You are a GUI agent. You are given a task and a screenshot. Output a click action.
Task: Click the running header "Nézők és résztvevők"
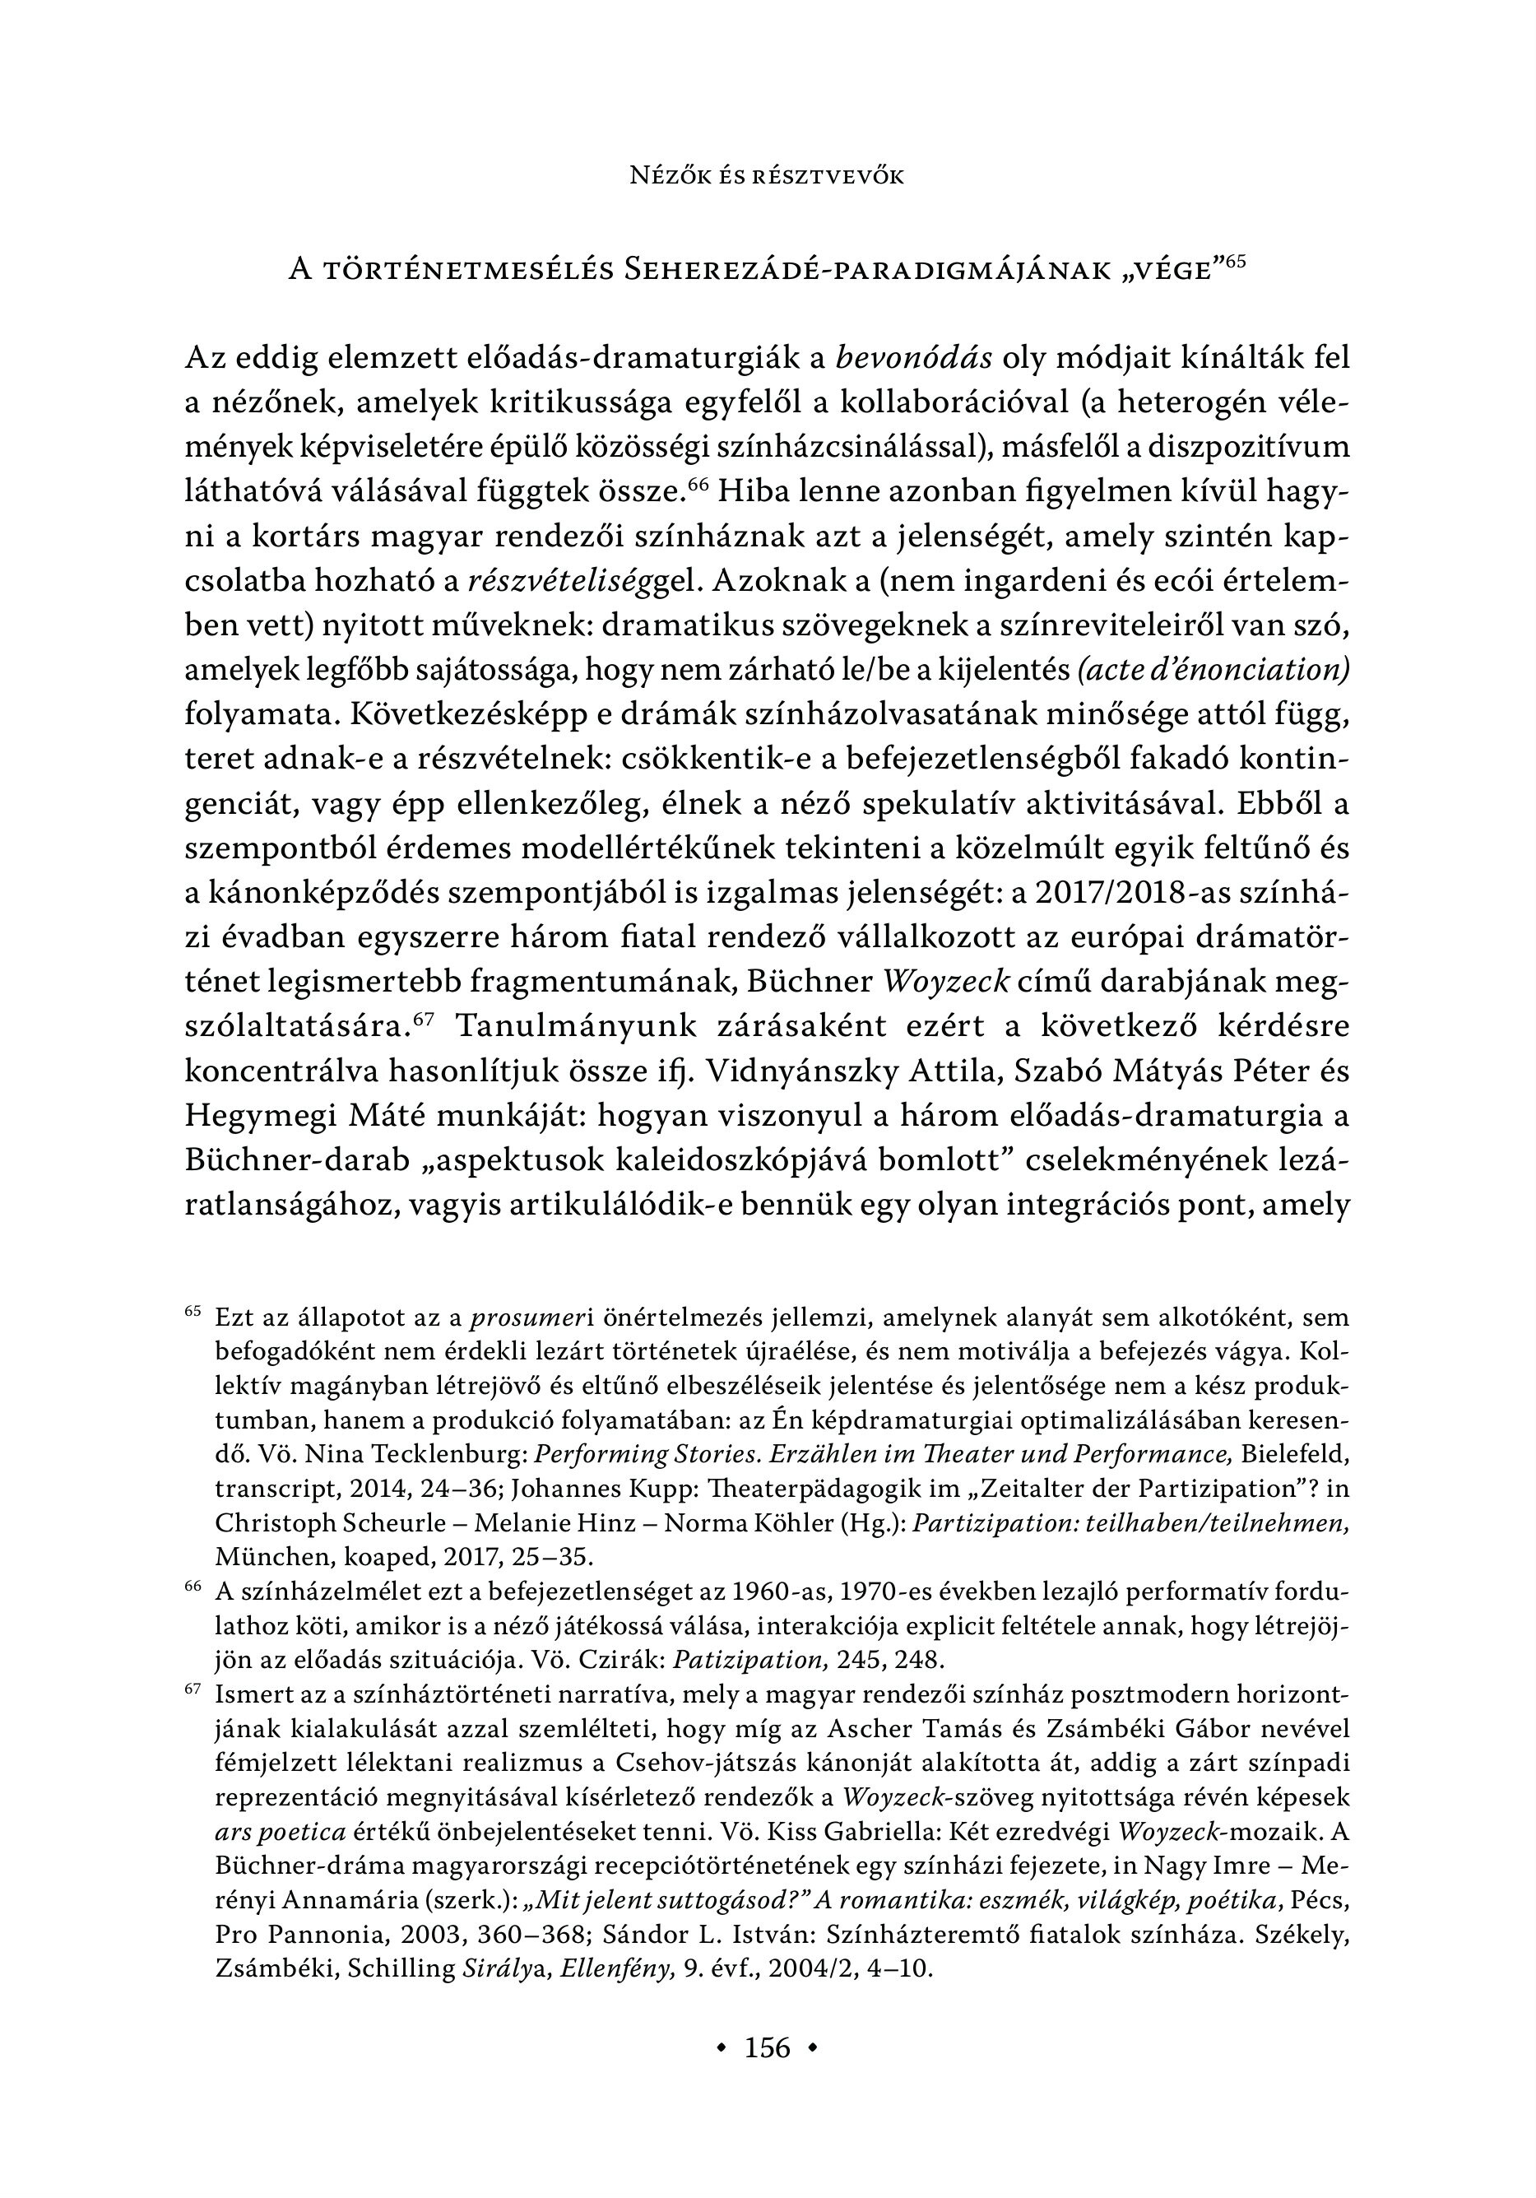(x=767, y=176)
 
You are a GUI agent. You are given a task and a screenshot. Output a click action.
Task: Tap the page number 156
(x=767, y=2047)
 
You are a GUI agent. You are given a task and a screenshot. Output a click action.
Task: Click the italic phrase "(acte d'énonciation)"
(x=1213, y=670)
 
